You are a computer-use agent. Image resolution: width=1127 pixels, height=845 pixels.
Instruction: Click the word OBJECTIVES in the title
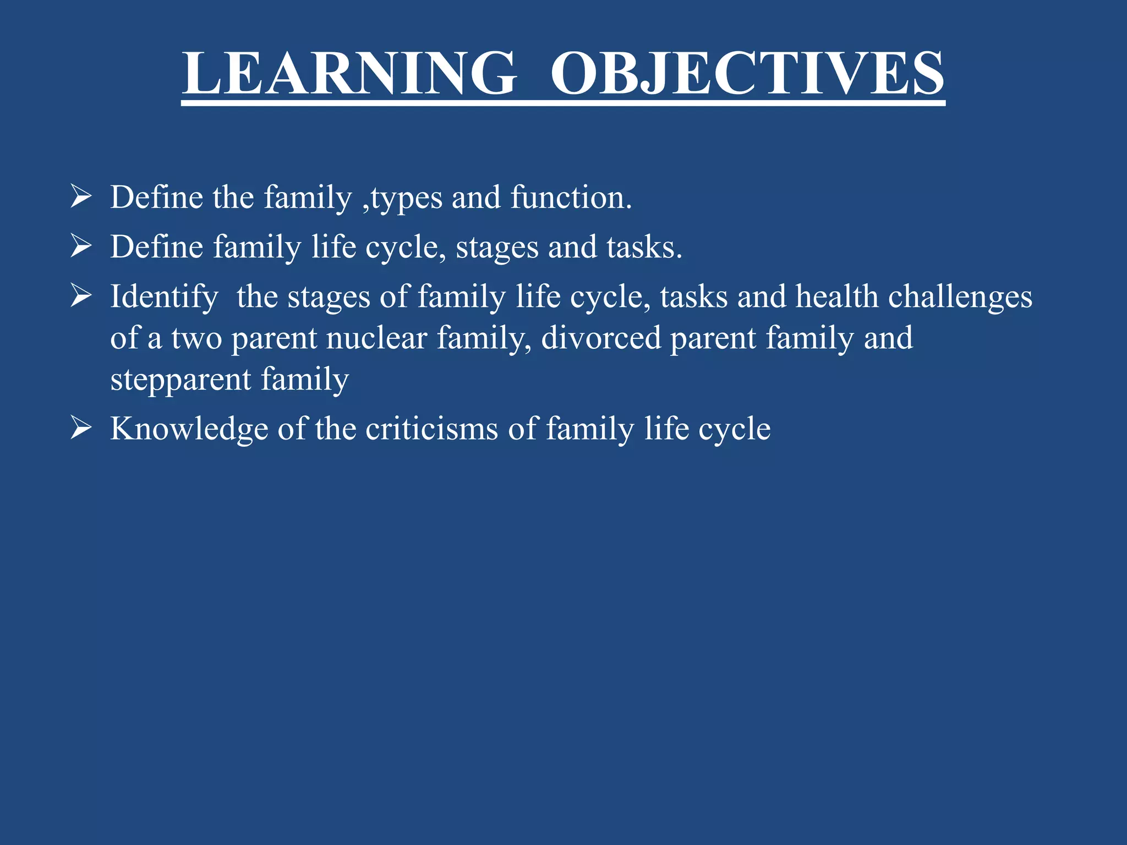point(747,74)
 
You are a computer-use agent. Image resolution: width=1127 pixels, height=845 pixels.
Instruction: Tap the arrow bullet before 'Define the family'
point(81,197)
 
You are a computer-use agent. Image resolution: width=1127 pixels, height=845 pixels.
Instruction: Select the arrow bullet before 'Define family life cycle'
point(81,246)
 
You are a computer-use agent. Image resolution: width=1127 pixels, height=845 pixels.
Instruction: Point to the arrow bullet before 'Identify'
point(81,296)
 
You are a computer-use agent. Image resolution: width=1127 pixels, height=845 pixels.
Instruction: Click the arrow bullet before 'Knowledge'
point(81,428)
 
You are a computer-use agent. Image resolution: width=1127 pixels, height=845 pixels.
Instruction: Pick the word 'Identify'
point(164,298)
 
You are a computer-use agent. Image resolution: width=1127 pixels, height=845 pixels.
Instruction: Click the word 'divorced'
point(601,338)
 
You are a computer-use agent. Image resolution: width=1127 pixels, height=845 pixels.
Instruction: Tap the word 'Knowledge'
point(189,429)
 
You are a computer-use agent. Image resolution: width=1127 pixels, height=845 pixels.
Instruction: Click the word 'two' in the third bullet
point(196,338)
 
